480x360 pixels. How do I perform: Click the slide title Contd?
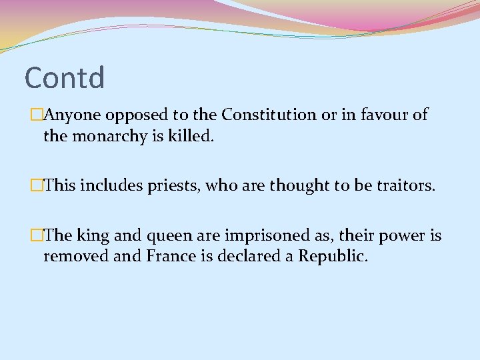[65, 77]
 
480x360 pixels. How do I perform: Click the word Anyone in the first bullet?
[73, 115]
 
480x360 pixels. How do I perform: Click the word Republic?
[331, 257]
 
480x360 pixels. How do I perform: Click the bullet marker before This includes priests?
[37, 185]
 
